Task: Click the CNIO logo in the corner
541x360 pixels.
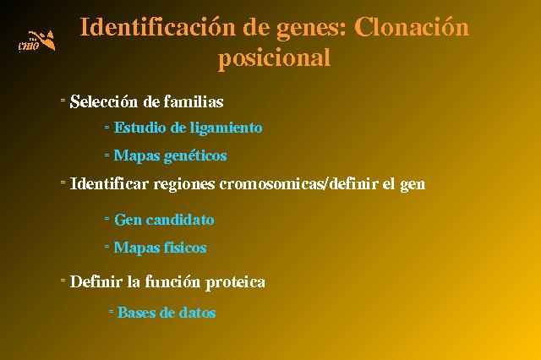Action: (x=36, y=41)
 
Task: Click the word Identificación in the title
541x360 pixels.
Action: (x=157, y=27)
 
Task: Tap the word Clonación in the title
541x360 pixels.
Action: (x=412, y=27)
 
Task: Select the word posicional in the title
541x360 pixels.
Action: (x=274, y=58)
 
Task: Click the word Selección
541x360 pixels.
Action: (x=104, y=101)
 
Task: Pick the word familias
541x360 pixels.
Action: (x=194, y=101)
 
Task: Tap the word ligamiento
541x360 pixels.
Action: (x=226, y=128)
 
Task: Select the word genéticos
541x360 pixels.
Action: (x=195, y=156)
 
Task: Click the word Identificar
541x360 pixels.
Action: (x=109, y=183)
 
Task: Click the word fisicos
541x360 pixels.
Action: (x=185, y=248)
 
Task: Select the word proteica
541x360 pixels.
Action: (x=235, y=282)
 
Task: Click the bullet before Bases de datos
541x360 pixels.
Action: (x=111, y=311)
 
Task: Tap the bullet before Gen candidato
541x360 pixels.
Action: (x=107, y=218)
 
